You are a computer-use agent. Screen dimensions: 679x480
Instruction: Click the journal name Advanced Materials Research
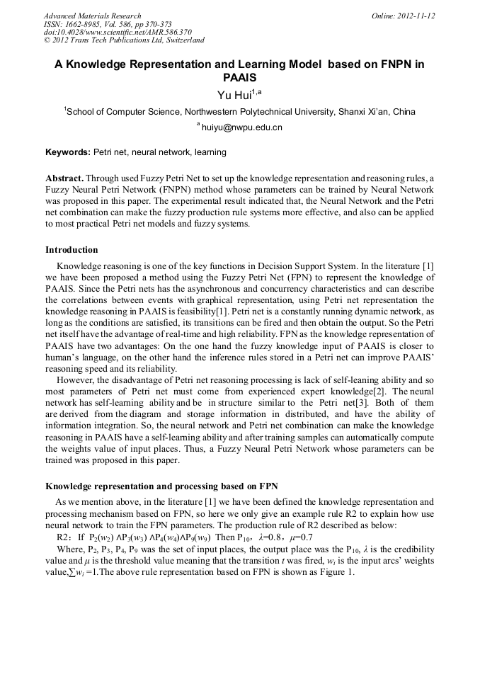[x=92, y=16]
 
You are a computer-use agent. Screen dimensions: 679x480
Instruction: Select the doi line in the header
[x=117, y=32]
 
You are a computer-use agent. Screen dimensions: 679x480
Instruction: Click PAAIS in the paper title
[x=239, y=78]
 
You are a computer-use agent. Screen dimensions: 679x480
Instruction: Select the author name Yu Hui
[x=233, y=95]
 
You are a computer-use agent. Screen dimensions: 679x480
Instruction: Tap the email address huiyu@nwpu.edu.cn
[x=242, y=128]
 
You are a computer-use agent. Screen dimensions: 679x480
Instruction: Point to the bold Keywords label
[x=68, y=152]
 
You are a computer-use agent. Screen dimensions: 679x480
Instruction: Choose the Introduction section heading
[x=72, y=250]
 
